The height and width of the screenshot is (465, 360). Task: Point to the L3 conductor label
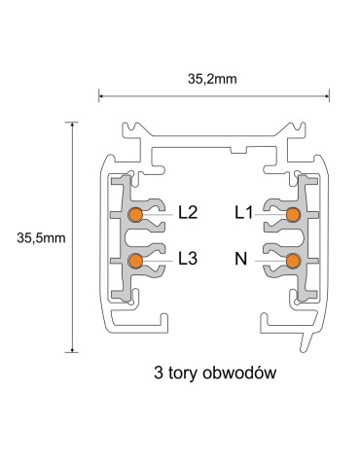(x=189, y=261)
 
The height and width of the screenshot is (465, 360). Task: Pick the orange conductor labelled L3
(x=136, y=261)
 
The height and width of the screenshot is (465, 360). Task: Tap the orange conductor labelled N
(x=293, y=261)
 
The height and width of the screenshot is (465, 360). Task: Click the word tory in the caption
(x=189, y=373)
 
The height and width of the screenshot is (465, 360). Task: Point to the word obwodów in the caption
(x=243, y=372)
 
